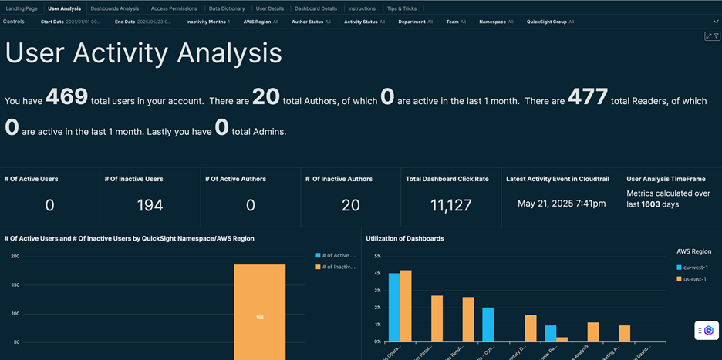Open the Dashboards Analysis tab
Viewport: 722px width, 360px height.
[x=115, y=8]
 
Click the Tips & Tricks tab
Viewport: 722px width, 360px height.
[x=401, y=8]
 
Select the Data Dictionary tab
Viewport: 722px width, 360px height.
[x=227, y=8]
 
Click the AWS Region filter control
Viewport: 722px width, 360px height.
[x=261, y=22]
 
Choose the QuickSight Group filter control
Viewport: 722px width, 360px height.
[x=550, y=22]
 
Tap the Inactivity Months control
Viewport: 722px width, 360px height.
[x=207, y=22]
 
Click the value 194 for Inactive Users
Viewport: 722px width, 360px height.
[x=150, y=204]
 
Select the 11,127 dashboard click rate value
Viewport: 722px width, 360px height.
[x=447, y=204]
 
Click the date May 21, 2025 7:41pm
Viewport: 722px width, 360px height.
[x=562, y=204]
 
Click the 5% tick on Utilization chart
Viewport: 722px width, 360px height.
[x=377, y=256]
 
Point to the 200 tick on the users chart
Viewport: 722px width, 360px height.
[x=15, y=256]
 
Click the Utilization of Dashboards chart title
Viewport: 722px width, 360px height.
[x=404, y=238]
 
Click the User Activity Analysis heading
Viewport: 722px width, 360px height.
[x=143, y=52]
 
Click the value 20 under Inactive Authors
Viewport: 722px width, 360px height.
[x=350, y=204]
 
